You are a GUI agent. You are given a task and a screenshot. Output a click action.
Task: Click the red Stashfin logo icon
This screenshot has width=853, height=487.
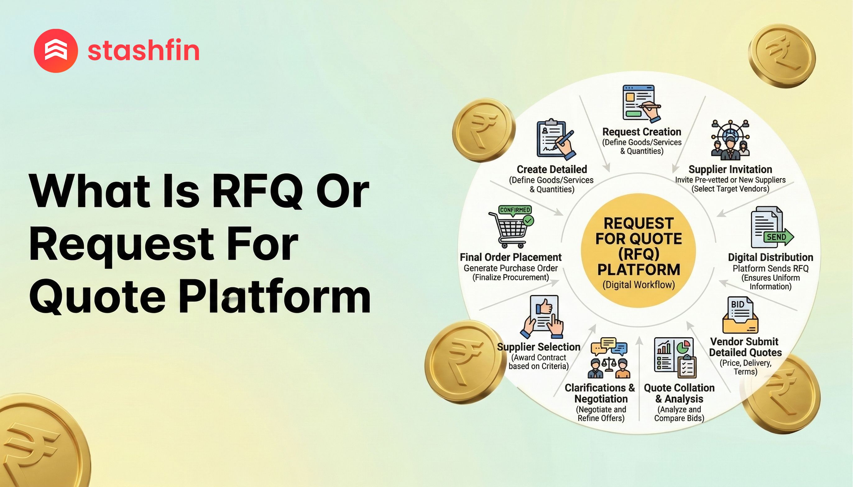tap(56, 51)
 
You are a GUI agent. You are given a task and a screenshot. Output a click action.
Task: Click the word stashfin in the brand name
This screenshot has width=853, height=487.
tap(143, 51)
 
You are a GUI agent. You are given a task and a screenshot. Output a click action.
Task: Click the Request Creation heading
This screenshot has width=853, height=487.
tap(641, 132)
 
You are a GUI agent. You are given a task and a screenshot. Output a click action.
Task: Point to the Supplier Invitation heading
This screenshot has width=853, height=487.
tap(730, 169)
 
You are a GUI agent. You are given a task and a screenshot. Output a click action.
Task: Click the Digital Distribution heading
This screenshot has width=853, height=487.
tap(770, 257)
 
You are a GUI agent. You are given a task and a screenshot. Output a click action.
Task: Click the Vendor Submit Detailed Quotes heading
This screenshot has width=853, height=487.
tap(745, 347)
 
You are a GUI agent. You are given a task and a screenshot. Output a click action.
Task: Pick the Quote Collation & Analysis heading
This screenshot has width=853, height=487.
tap(679, 393)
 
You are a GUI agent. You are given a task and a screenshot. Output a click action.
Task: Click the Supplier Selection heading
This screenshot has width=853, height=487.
tap(538, 347)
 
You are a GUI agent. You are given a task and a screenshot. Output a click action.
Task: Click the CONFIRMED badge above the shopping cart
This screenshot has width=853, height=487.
tap(515, 210)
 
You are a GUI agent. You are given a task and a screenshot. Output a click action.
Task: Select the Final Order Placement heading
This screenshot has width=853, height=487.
tap(510, 257)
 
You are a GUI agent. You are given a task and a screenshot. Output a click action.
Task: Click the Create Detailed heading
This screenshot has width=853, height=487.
tap(552, 169)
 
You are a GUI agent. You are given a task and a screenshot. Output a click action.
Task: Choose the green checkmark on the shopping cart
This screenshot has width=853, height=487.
tap(528, 221)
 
